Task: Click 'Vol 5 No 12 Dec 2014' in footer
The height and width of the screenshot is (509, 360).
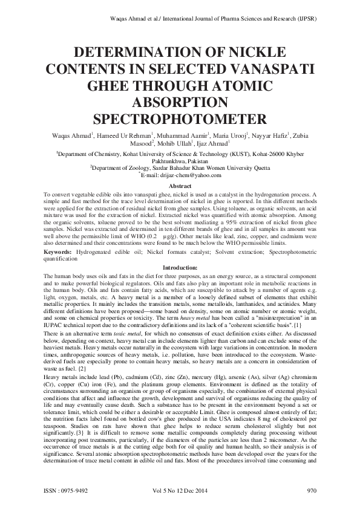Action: tap(180, 490)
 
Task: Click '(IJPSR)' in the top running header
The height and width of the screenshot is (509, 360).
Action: tap(303, 19)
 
